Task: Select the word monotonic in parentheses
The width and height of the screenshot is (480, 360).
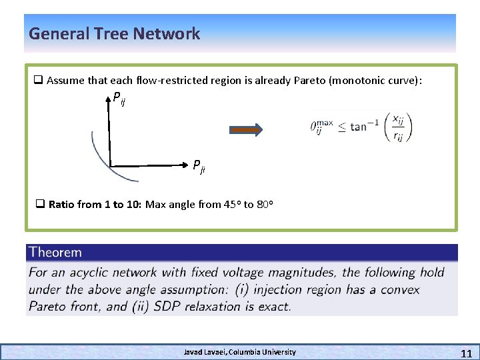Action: tap(364, 81)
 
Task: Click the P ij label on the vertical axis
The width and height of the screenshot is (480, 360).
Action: tap(119, 99)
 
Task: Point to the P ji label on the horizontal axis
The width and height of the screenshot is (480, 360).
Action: tap(199, 165)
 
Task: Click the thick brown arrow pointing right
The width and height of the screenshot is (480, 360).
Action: tap(245, 130)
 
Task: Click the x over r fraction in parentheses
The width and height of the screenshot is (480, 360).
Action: tap(399, 127)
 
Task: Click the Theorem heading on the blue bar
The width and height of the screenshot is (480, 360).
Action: tap(55, 253)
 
